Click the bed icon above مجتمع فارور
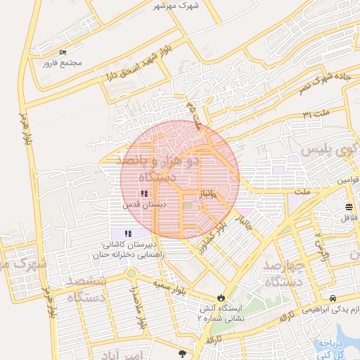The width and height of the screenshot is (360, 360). [x=63, y=53]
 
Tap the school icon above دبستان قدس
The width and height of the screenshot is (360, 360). [x=143, y=193]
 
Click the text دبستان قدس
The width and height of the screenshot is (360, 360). [x=143, y=205]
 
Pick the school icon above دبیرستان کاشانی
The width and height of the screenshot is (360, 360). [x=127, y=233]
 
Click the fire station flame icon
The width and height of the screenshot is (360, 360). [x=223, y=298]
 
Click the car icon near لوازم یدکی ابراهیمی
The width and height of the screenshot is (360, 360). [x=332, y=299]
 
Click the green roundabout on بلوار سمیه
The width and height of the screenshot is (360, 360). [x=131, y=274]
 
